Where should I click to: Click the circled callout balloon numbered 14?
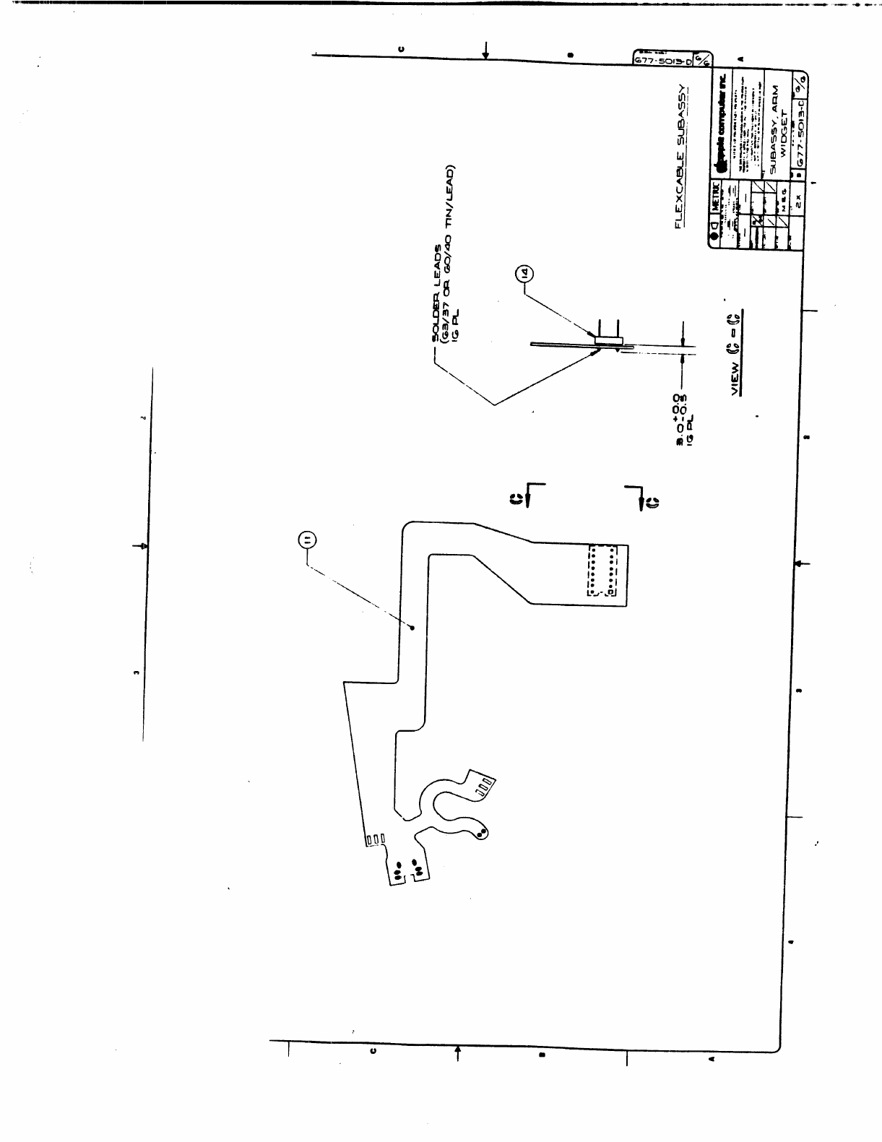coord(524,274)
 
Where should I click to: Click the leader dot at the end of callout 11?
coord(412,628)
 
